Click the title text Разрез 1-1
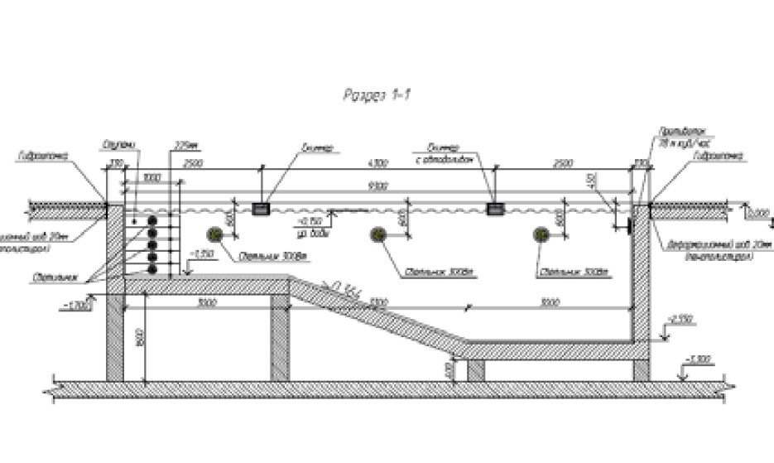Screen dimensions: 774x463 (377, 96)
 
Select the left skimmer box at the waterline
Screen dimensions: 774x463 (262, 209)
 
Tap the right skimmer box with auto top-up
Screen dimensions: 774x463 (496, 209)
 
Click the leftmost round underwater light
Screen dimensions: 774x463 (216, 234)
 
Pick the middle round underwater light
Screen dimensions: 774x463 (378, 234)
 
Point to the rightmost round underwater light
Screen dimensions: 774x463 (541, 234)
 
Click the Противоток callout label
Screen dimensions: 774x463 (670, 132)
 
